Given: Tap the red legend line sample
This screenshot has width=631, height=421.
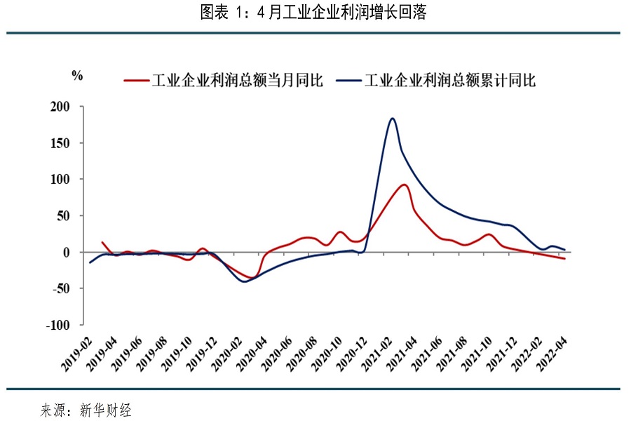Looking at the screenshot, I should point(137,80).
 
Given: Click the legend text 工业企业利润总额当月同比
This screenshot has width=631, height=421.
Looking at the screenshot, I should point(238,80).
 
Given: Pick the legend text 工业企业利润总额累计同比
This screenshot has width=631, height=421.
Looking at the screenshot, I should point(450,80).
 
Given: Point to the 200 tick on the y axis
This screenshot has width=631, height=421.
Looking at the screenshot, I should point(60,107).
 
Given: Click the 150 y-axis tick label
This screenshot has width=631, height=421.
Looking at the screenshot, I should point(60,143).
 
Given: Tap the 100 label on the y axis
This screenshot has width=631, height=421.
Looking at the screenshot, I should point(60,180).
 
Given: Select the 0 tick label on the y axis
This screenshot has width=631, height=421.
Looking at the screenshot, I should point(67,252).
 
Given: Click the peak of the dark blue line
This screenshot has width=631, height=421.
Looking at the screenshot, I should point(392,119).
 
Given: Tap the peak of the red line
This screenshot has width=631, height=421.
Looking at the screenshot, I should point(405,185).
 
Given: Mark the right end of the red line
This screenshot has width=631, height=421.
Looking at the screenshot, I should point(564,259).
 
